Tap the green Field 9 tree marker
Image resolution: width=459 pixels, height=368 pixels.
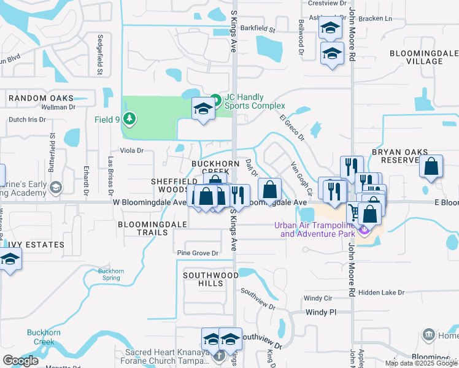pyautogui.click(x=129, y=119)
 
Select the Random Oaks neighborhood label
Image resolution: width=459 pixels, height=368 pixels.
pyautogui.click(x=40, y=98)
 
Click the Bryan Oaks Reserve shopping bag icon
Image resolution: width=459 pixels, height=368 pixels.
pyautogui.click(x=431, y=166)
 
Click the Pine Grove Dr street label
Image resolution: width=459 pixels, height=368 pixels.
pyautogui.click(x=198, y=253)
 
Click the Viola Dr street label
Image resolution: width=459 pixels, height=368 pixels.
pyautogui.click(x=131, y=150)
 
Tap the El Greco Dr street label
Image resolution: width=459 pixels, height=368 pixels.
pyautogui.click(x=291, y=128)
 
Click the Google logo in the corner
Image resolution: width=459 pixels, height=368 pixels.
pyautogui.click(x=21, y=361)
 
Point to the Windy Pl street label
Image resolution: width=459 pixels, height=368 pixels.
pyautogui.click(x=321, y=312)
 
